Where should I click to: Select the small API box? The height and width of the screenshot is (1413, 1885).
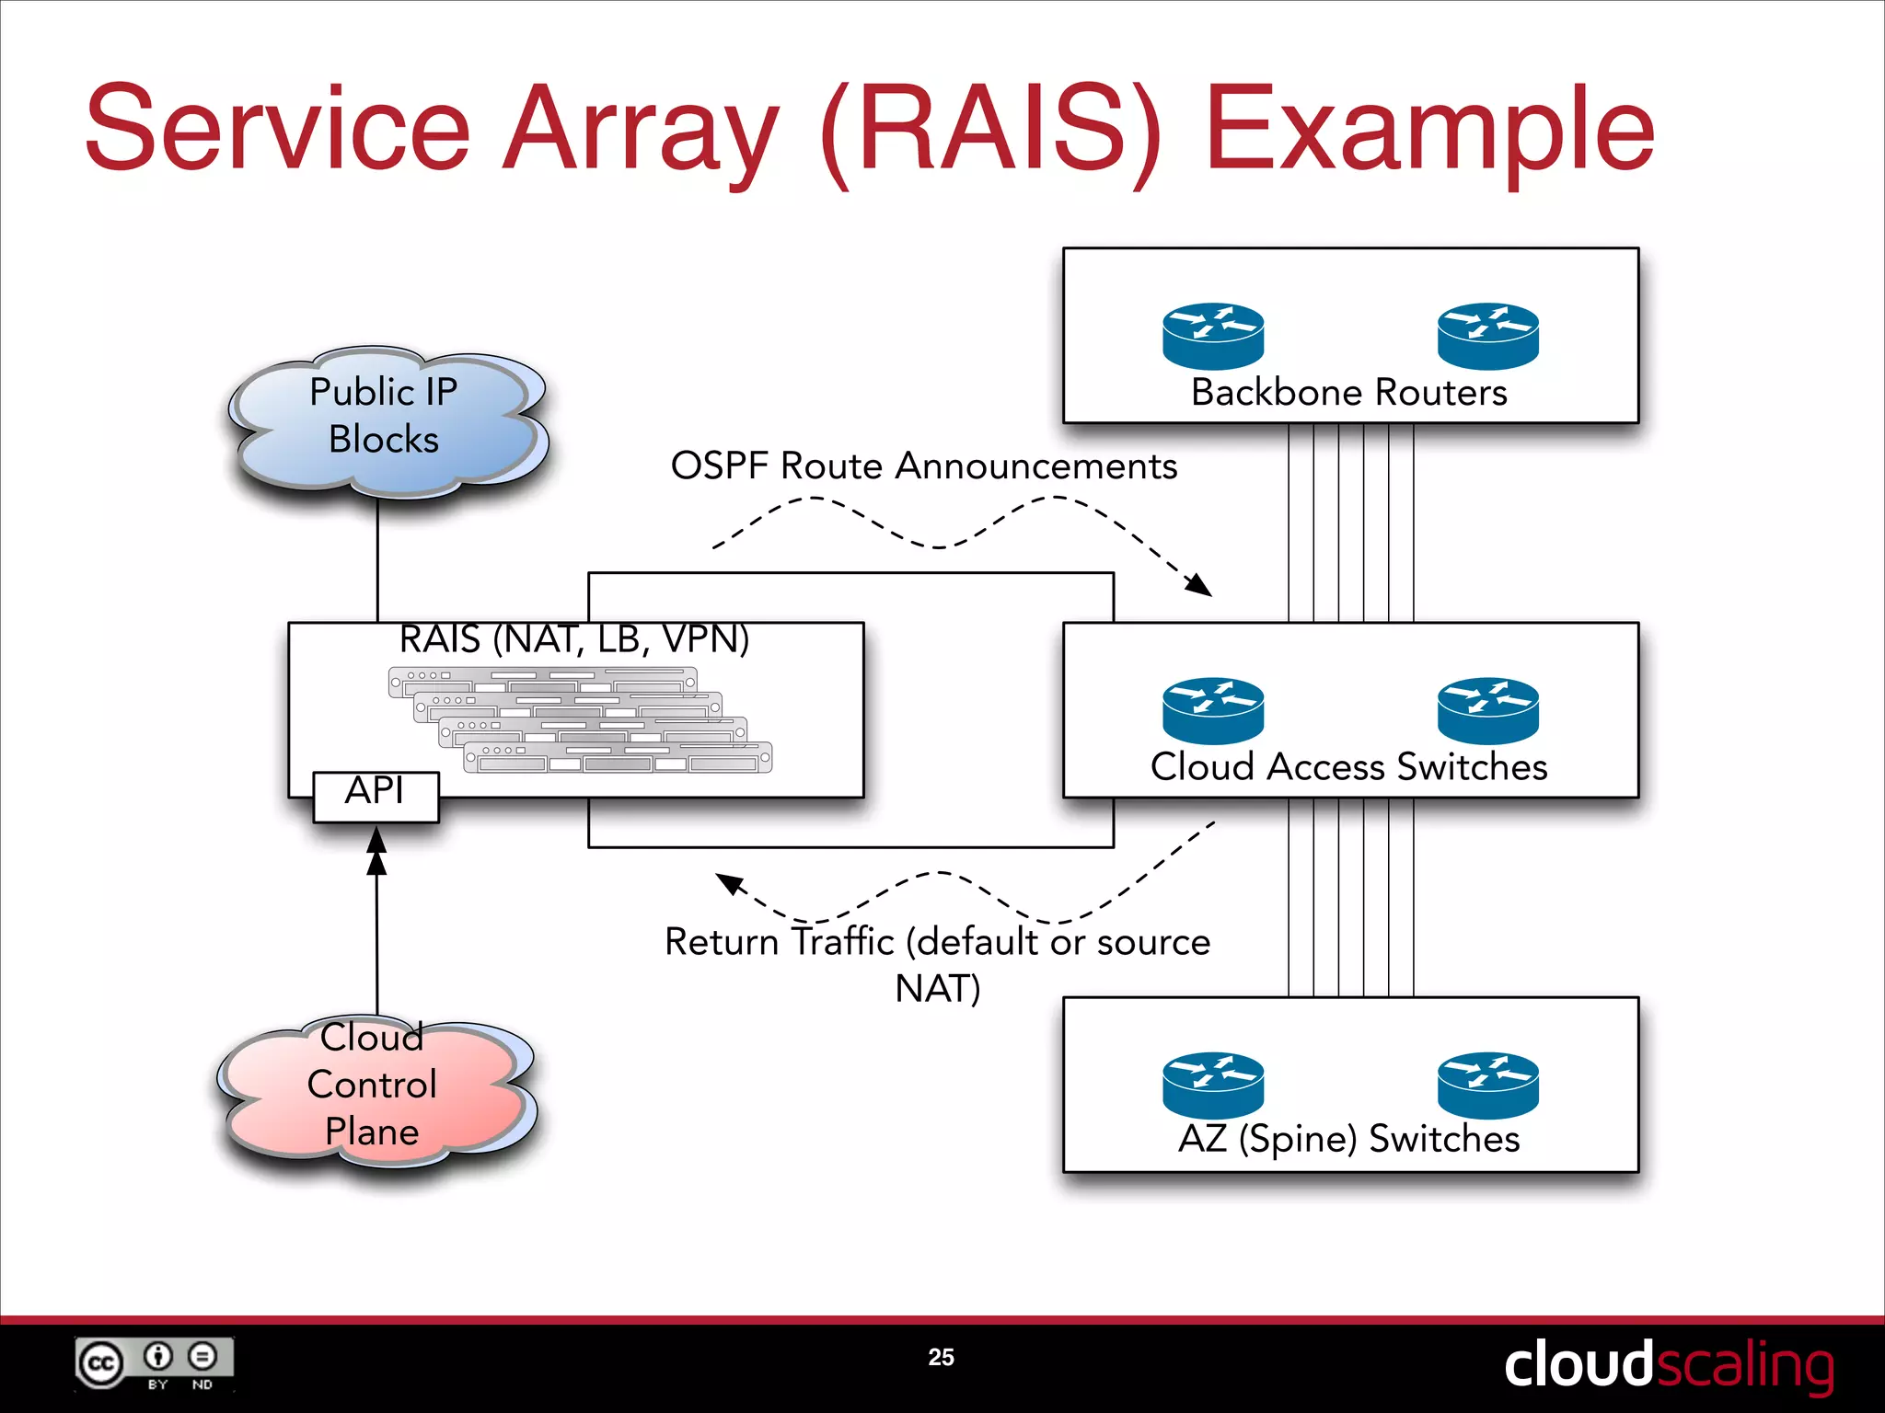coord(376,796)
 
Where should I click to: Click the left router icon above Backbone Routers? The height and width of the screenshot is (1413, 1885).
coord(1212,336)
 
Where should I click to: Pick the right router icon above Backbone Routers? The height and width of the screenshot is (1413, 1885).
coord(1487,336)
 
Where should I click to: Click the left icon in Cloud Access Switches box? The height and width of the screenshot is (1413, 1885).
coord(1212,710)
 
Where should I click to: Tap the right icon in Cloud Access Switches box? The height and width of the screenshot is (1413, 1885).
coord(1487,710)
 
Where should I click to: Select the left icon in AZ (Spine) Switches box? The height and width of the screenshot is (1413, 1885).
coord(1212,1085)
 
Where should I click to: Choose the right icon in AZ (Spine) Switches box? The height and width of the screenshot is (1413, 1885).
coord(1487,1085)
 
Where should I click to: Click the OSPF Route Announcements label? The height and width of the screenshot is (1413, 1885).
coord(923,466)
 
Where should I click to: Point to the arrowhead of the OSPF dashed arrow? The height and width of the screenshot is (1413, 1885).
coord(1199,585)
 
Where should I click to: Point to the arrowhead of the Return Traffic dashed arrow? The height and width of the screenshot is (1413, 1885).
coord(728,883)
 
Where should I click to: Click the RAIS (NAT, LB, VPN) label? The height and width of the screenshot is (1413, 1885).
coord(574,639)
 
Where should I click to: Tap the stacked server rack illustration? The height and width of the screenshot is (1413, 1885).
coord(580,720)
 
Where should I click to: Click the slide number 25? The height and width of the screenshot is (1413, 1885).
coord(941,1357)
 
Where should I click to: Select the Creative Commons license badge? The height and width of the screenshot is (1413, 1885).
coord(154,1363)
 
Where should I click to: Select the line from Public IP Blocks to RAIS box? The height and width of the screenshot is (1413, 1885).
coord(377,559)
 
